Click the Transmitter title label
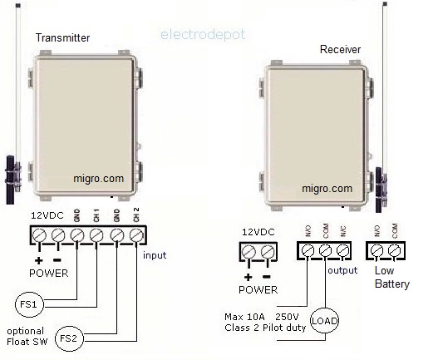click(x=62, y=37)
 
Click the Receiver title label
click(x=340, y=50)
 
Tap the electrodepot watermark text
click(x=203, y=35)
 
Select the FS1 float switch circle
click(x=29, y=304)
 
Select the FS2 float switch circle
click(x=69, y=338)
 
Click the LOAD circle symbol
click(x=324, y=320)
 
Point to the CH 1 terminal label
click(x=96, y=215)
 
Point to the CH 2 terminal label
click(x=136, y=215)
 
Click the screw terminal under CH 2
click(x=136, y=235)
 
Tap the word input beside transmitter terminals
click(x=155, y=255)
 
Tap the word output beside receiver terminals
click(x=342, y=270)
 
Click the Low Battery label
click(x=392, y=277)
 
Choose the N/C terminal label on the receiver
click(x=342, y=231)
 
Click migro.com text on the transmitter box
click(x=98, y=178)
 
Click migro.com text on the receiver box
click(x=327, y=189)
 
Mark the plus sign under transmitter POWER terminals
click(x=39, y=260)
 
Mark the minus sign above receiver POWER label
click(x=267, y=277)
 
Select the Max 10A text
click(x=244, y=317)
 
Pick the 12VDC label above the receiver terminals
click(x=258, y=232)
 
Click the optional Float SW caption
click(x=27, y=336)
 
